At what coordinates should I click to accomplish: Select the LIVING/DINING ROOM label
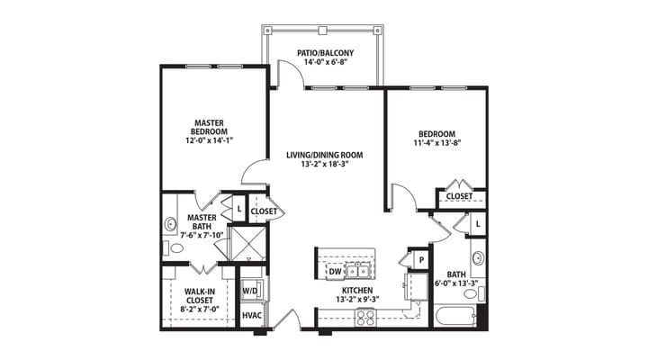[x=324, y=155]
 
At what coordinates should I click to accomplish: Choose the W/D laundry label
[x=252, y=292]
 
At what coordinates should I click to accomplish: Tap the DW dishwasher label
[x=335, y=271]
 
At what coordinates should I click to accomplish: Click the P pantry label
[x=420, y=261]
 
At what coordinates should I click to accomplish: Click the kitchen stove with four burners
[x=365, y=316]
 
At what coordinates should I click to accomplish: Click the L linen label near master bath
[x=238, y=210]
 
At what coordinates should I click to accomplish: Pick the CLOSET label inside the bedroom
[x=460, y=195]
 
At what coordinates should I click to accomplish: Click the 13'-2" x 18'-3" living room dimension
[x=324, y=166]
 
